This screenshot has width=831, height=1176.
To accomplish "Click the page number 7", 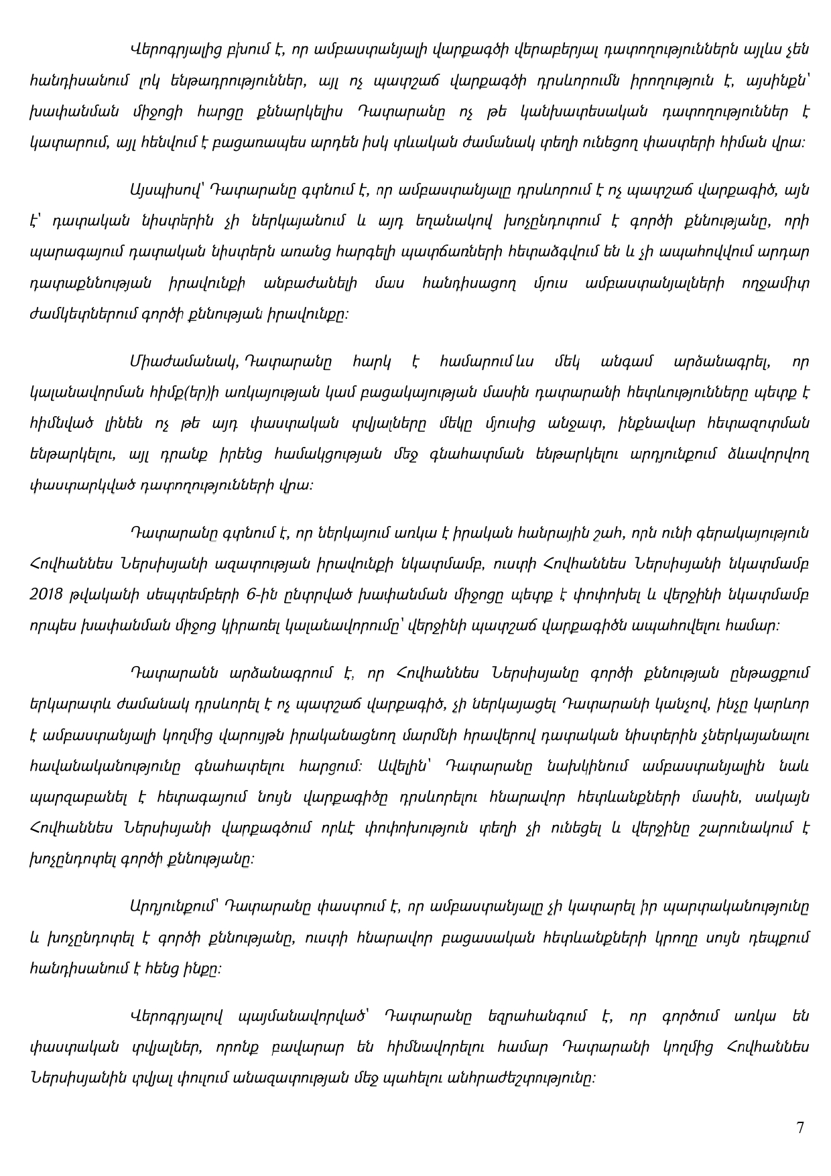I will [800, 1127].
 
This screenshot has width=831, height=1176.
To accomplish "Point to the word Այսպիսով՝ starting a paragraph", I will [163, 190].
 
